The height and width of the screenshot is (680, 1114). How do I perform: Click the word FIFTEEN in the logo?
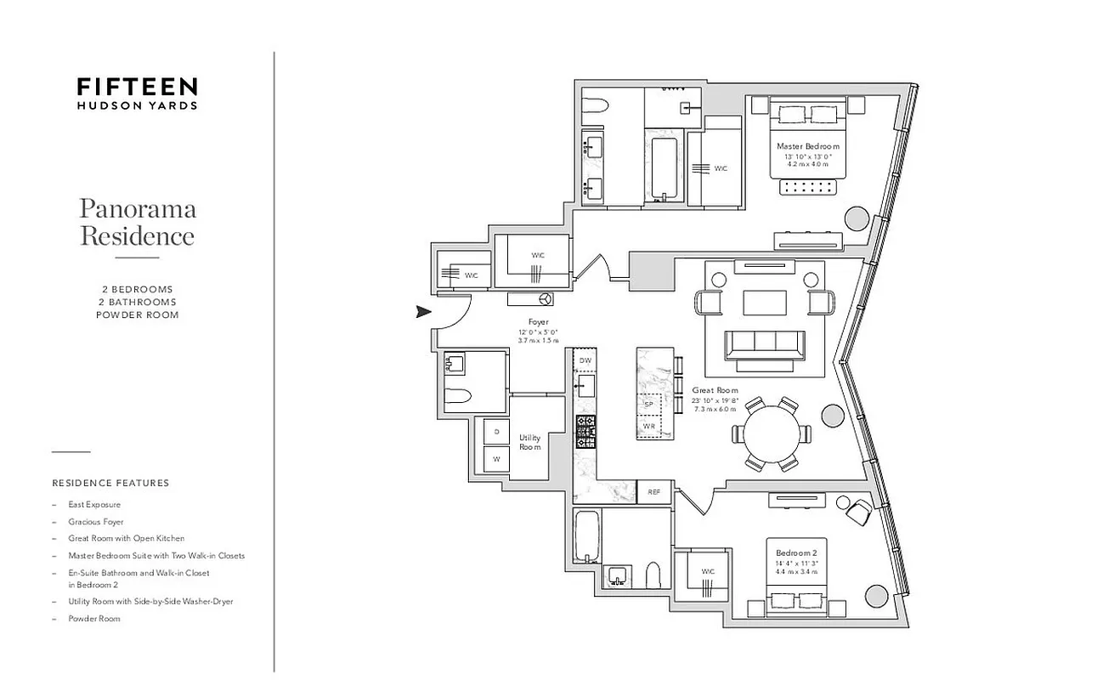(137, 87)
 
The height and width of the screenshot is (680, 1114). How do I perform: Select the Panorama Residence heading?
(137, 222)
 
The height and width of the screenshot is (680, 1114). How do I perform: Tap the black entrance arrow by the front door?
(423, 312)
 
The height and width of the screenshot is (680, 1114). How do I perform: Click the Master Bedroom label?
(807, 146)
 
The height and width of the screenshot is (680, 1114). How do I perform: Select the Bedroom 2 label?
(796, 554)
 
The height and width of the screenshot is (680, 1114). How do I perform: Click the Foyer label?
(538, 322)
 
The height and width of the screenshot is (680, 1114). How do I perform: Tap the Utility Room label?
(530, 442)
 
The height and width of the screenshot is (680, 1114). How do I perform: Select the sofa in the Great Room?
(764, 345)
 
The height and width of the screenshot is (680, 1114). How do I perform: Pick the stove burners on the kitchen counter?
(585, 431)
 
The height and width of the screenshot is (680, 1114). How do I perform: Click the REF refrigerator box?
(654, 492)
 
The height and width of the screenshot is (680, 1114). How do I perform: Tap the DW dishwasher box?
(585, 361)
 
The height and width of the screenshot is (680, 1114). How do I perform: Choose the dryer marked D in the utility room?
(497, 432)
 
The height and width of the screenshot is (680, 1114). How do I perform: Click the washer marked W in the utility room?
(497, 459)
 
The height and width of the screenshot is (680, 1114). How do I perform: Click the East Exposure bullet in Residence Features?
(94, 505)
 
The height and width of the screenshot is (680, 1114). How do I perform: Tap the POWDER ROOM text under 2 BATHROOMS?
(137, 314)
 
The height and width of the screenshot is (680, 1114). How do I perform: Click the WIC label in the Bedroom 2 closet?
(708, 571)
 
